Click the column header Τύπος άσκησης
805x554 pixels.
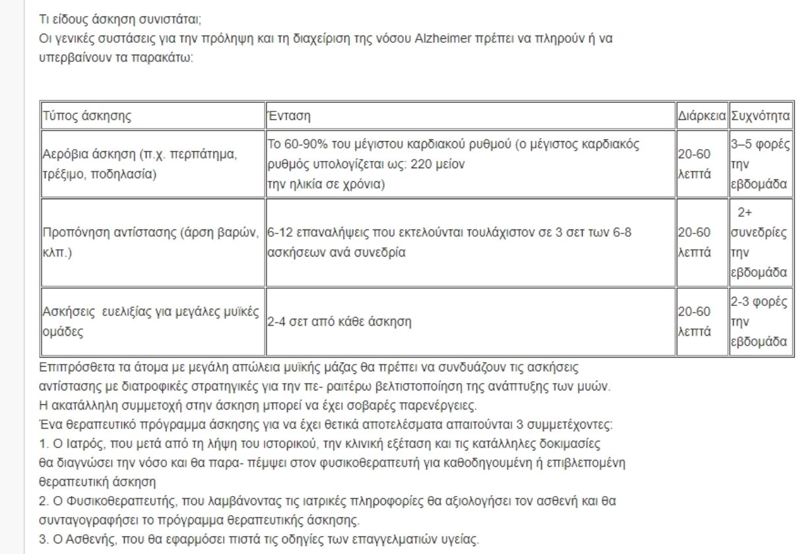(87, 117)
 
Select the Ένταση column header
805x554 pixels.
(289, 117)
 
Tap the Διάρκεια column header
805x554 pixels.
(702, 117)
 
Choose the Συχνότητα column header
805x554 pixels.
(760, 117)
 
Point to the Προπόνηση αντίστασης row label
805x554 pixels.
(152, 242)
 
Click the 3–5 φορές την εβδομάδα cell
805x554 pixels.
(760, 164)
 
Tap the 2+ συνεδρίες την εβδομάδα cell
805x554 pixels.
(760, 242)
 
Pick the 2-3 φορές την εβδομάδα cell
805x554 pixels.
(760, 322)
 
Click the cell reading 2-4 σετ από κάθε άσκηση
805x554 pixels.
(339, 323)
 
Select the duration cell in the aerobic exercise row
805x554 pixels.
(695, 164)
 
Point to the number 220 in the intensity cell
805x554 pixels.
(420, 164)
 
